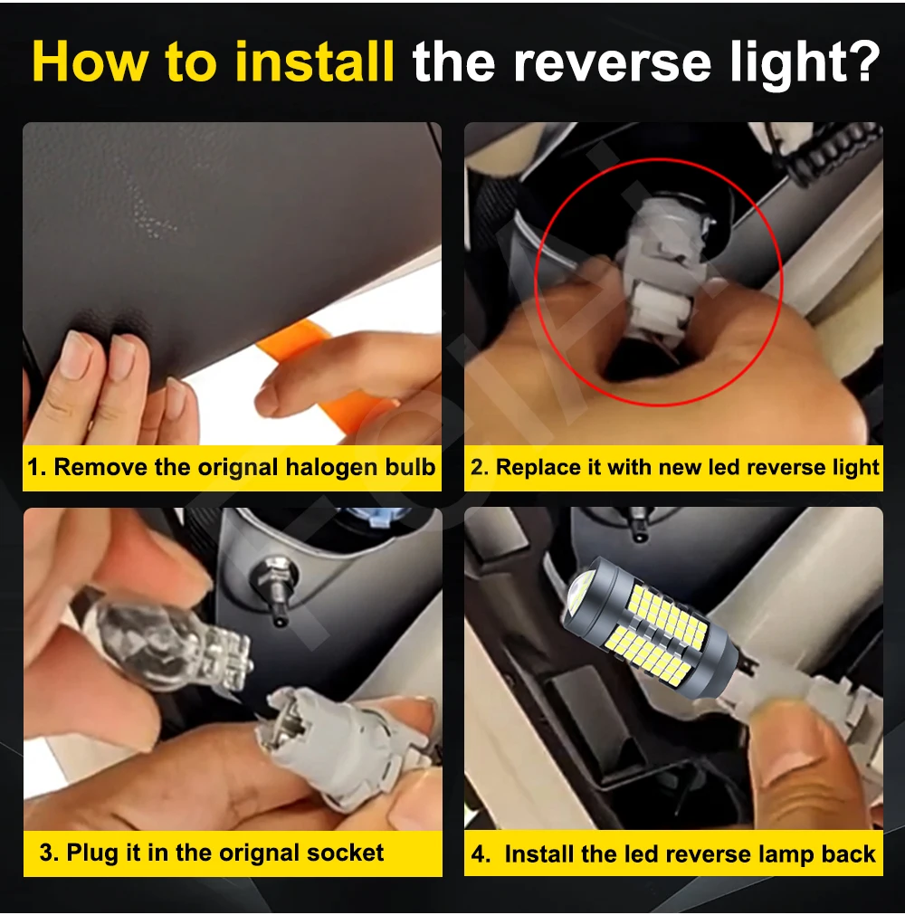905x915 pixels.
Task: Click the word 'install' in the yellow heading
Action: [x=315, y=62]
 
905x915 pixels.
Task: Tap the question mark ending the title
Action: [x=863, y=62]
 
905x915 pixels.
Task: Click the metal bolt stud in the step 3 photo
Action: [x=275, y=589]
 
